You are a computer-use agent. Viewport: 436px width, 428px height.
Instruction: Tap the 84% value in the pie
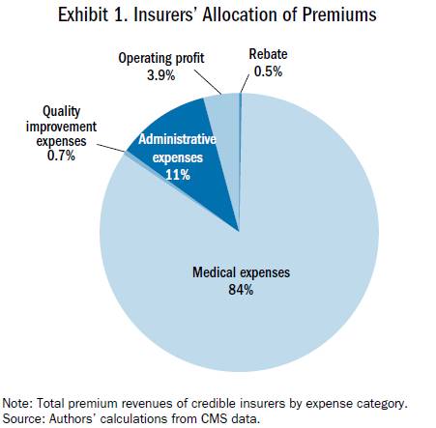(x=241, y=290)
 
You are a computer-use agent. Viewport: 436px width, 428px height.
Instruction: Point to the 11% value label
(x=178, y=175)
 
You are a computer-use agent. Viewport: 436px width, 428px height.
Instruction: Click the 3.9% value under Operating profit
(x=161, y=75)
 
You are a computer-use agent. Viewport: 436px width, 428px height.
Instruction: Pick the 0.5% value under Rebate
(x=268, y=71)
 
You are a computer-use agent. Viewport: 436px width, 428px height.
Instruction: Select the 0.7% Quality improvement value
(x=61, y=156)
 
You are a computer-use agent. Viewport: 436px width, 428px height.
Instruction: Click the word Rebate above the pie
(x=268, y=54)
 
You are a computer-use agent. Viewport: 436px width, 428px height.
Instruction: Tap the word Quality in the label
(x=62, y=112)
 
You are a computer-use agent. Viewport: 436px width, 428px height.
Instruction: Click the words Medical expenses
(x=241, y=272)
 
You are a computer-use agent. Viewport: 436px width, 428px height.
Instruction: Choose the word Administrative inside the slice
(x=177, y=139)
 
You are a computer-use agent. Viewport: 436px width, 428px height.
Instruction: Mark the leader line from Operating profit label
(x=208, y=82)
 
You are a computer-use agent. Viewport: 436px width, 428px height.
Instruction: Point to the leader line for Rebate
(x=245, y=84)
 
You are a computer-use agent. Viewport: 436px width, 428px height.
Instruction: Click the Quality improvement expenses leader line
(x=110, y=148)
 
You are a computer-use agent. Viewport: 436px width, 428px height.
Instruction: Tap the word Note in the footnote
(x=16, y=403)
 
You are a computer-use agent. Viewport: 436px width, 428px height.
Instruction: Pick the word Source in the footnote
(x=22, y=418)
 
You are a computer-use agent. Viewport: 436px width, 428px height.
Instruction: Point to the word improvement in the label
(x=61, y=127)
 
